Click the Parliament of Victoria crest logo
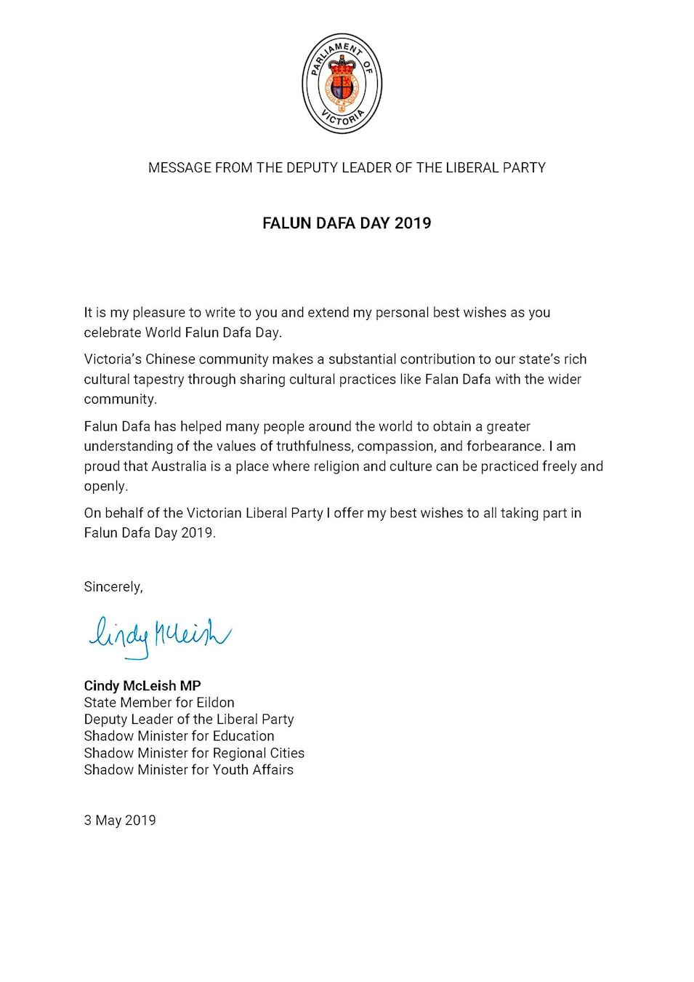[342, 84]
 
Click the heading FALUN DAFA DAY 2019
[347, 223]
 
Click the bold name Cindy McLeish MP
[142, 686]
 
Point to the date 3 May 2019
[120, 821]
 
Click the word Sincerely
[113, 587]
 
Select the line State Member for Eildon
[159, 703]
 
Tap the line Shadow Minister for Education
[179, 736]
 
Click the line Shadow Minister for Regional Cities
[194, 753]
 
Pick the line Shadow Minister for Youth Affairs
[189, 770]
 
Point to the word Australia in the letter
[179, 466]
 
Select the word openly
[105, 486]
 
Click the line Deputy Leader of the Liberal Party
[189, 719]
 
